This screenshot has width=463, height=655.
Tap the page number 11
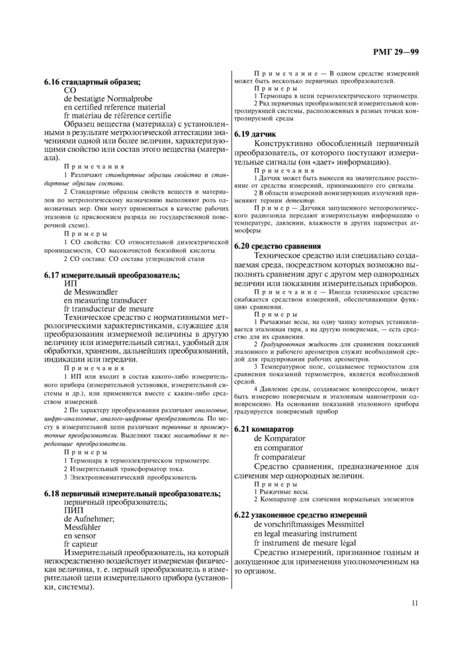415,602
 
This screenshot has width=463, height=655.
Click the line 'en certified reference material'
114,106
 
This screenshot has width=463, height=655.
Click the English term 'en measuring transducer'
104,299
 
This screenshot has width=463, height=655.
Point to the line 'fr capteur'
81,544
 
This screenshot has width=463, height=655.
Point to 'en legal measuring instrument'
305,532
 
